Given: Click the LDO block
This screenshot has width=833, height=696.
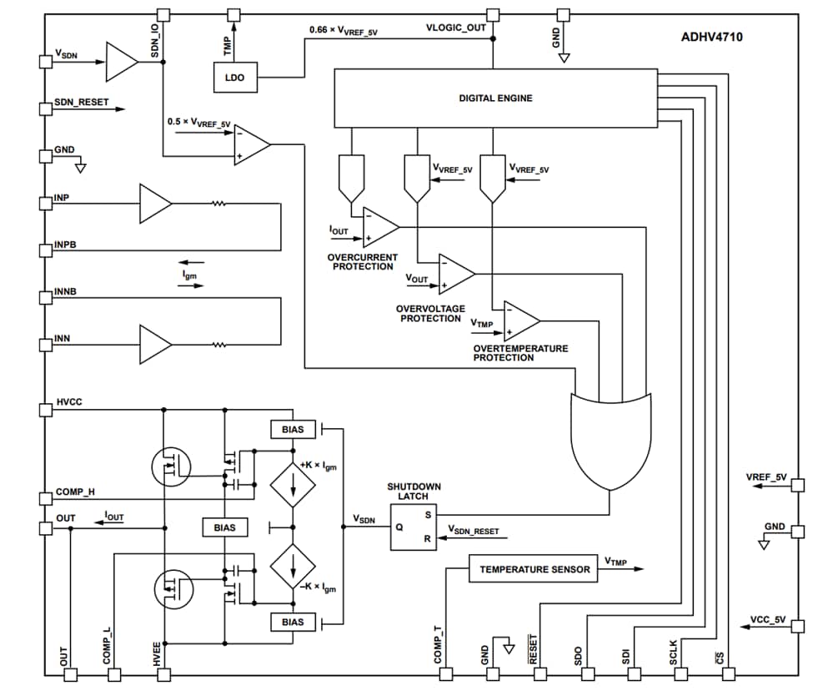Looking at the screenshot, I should tap(234, 78).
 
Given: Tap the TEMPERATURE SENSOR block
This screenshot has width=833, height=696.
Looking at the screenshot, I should tap(534, 569).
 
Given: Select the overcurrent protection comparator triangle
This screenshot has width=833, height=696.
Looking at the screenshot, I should tap(381, 227).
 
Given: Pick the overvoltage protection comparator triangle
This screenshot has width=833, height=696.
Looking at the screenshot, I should tap(456, 274).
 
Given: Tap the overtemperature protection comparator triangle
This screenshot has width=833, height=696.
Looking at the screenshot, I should tap(521, 321).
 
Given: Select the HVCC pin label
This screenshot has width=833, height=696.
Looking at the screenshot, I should tap(69, 402).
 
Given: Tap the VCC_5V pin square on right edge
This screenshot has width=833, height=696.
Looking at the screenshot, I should tap(798, 626).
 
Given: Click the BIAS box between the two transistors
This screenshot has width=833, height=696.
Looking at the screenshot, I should tap(224, 527).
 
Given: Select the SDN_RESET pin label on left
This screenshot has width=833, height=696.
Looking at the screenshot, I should tap(82, 102).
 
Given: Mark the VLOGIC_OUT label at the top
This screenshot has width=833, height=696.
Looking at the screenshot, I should tap(455, 28).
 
